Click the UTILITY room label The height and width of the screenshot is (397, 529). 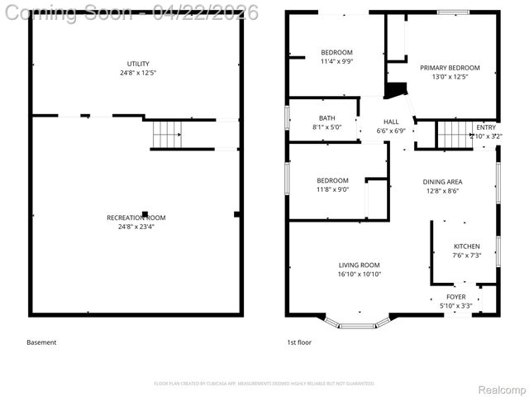[137, 64]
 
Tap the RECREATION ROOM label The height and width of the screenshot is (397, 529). [136, 218]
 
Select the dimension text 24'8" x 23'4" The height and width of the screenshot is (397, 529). [136, 227]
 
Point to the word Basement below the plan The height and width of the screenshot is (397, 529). [41, 342]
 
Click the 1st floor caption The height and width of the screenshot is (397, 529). [298, 342]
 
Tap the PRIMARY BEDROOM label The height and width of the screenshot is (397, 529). [449, 68]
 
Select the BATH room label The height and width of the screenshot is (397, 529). [326, 117]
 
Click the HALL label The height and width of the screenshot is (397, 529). [391, 122]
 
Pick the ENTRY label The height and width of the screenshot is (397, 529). [485, 127]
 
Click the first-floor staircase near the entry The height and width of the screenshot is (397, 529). [451, 132]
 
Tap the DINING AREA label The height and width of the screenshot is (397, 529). [442, 182]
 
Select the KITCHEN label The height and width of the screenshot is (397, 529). [466, 246]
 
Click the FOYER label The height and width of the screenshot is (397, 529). [455, 296]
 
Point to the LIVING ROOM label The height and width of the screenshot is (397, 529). [359, 265]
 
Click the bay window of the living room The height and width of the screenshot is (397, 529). [359, 320]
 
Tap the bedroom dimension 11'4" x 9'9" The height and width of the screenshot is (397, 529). [336, 61]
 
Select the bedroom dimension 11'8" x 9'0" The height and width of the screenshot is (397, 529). [332, 189]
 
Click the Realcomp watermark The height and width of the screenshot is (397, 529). [502, 389]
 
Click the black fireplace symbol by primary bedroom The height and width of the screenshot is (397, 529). [397, 90]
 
